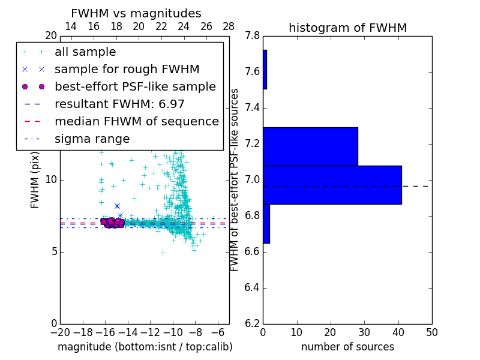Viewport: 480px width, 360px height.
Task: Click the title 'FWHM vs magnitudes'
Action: coord(136,14)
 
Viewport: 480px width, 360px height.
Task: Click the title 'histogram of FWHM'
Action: coord(347,28)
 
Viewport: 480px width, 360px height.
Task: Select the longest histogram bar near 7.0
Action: coord(332,185)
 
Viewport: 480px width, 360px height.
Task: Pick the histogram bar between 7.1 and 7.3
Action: coord(310,146)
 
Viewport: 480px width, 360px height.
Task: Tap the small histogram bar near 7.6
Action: coord(265,70)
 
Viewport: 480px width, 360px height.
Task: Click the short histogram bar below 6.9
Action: coord(266,223)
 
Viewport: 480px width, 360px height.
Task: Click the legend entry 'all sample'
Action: coord(85,52)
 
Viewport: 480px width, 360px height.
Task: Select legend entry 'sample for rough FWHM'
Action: coord(127,70)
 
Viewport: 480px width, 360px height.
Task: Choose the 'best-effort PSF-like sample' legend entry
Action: coord(135,87)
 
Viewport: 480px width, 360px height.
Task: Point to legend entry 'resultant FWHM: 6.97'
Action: coord(119,104)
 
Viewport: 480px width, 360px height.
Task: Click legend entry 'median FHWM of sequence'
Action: coord(136,122)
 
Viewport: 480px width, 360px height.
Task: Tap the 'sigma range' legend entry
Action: coord(92,139)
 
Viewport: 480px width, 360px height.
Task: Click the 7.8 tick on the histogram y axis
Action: coord(253,36)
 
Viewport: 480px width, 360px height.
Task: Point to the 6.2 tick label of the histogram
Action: coord(253,323)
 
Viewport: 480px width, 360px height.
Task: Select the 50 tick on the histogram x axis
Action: coord(431,332)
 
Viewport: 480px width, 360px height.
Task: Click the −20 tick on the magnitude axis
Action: coord(60,332)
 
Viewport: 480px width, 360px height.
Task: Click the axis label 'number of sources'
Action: coord(347,347)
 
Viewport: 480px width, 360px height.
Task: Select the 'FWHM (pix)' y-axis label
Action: coord(35,181)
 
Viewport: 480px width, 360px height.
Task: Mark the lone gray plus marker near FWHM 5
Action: coord(163,253)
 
